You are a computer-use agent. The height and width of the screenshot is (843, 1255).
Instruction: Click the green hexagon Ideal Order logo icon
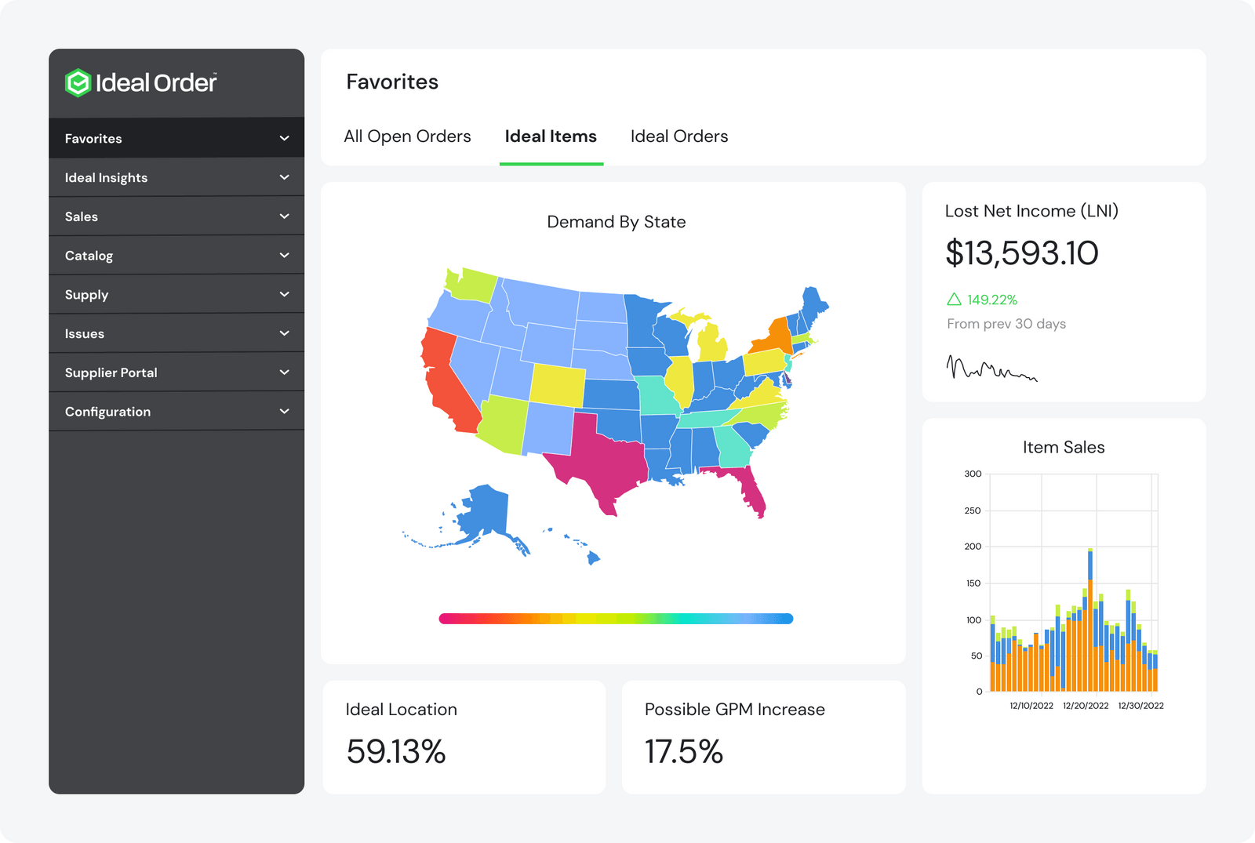pos(78,83)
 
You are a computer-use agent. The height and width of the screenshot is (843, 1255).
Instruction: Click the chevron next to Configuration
pos(284,411)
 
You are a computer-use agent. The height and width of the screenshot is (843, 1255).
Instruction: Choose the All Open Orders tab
pos(407,136)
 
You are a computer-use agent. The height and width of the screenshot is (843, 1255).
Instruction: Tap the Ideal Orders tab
pos(679,136)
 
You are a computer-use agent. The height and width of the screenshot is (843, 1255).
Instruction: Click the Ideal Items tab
pos(551,136)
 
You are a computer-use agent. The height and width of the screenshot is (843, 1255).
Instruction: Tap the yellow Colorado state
pos(558,385)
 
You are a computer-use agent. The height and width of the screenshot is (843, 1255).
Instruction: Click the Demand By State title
pos(617,222)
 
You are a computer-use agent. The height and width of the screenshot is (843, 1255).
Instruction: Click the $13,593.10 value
pos(1022,253)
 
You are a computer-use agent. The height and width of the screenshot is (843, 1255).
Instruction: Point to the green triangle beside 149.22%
pos(954,299)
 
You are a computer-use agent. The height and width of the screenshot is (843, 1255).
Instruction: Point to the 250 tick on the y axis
pos(973,511)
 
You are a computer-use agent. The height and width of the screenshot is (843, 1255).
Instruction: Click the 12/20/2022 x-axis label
pos(1086,706)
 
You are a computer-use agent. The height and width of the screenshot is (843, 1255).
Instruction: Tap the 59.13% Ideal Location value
pos(395,751)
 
